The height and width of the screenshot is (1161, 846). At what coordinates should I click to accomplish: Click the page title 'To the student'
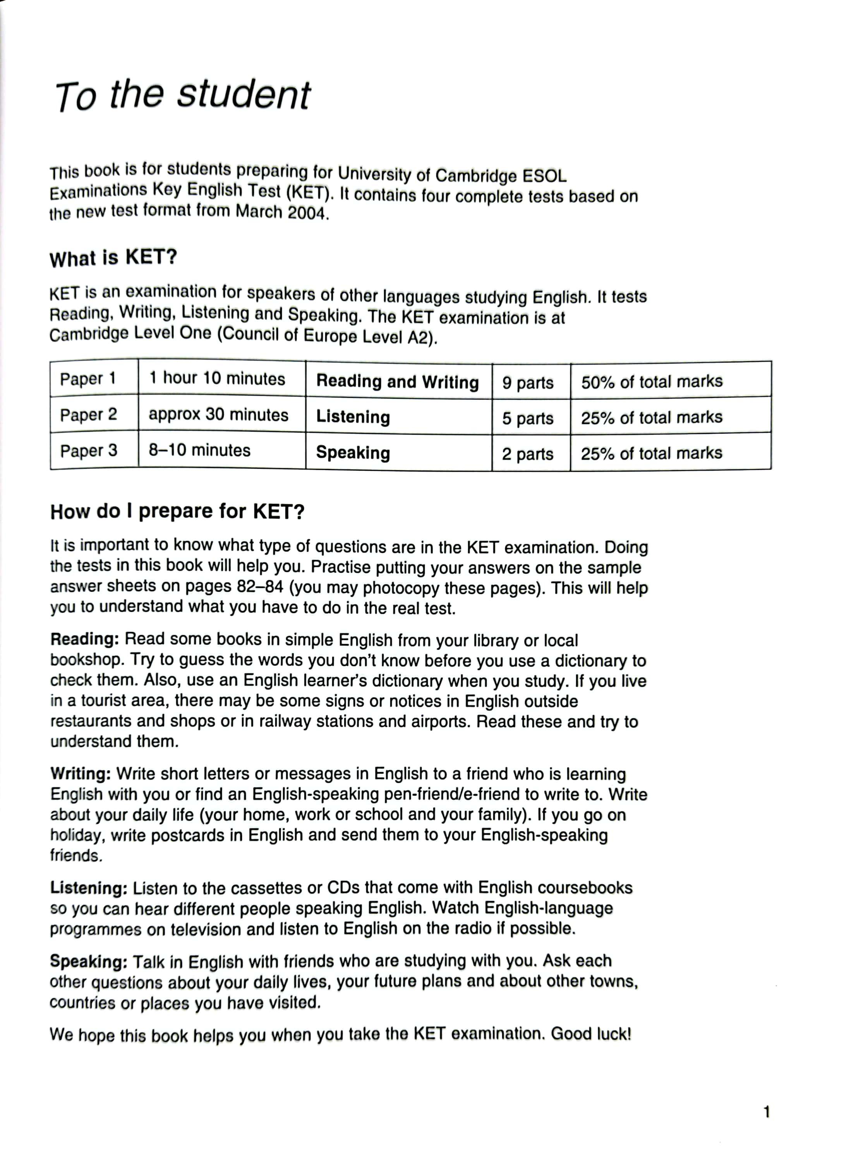(182, 96)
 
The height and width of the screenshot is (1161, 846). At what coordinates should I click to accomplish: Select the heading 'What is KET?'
(113, 257)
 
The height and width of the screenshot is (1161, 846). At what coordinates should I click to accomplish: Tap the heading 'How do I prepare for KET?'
(177, 511)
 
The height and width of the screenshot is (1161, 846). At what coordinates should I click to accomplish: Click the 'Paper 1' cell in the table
(88, 379)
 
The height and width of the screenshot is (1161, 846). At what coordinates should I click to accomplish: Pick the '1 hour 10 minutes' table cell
(217, 379)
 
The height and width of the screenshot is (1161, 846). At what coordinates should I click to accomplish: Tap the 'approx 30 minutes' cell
(219, 414)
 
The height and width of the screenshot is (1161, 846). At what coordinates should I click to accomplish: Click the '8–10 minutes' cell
(199, 450)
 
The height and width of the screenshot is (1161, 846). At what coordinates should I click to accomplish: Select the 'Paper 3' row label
(89, 451)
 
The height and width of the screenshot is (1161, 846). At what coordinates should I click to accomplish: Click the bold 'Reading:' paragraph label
(84, 639)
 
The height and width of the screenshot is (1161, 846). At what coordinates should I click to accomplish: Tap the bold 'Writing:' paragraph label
(81, 774)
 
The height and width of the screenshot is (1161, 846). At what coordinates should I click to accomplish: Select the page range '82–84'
(260, 586)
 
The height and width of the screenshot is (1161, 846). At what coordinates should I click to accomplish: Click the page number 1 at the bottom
(767, 1112)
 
